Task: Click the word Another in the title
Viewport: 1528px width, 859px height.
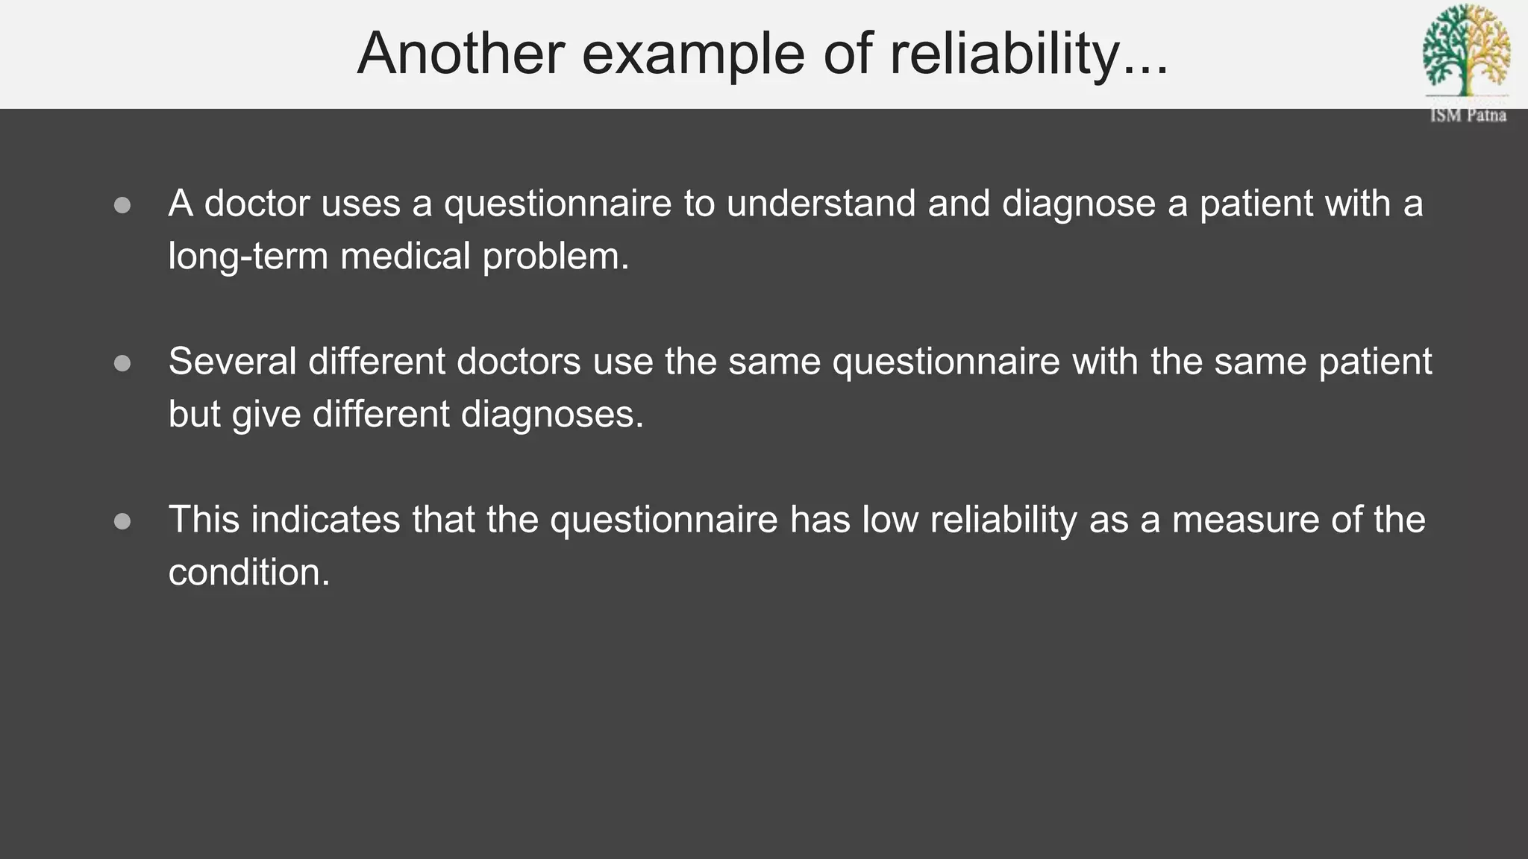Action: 460,54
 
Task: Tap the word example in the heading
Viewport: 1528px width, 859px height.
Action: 693,54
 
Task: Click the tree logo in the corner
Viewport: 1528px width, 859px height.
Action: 1466,51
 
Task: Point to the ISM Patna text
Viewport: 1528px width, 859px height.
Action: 1468,116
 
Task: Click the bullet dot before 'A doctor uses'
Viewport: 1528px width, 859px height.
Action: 122,205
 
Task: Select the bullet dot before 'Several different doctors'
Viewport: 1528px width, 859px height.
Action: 122,363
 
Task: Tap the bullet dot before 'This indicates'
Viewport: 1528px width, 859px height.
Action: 122,521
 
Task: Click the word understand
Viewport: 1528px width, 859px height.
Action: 821,204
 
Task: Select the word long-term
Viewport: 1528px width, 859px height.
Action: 248,257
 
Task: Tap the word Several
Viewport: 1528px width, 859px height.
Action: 232,362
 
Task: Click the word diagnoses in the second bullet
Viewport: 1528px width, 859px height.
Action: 552,415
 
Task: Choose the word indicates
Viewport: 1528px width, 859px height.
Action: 325,520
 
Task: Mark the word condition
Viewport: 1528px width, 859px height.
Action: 248,573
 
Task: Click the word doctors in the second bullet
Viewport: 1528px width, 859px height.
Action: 518,362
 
